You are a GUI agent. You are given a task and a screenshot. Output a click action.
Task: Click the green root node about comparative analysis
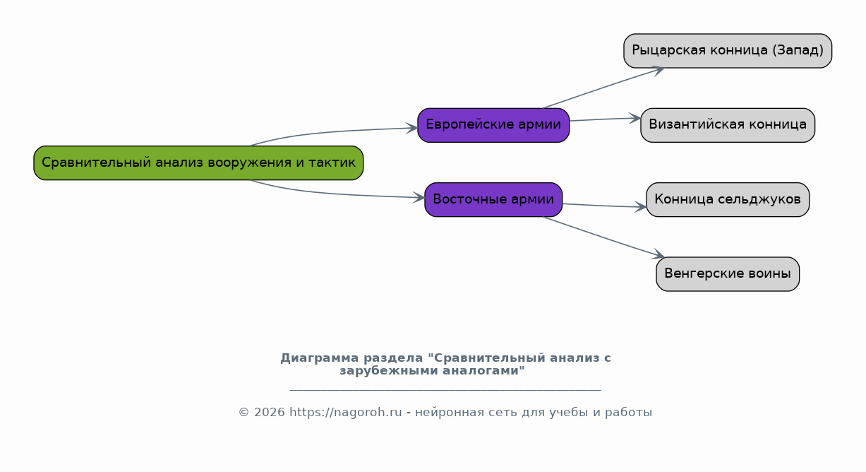[x=198, y=163]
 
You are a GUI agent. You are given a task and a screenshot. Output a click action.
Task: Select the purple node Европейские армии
[x=493, y=125]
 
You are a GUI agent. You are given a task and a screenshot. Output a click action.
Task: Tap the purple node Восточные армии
[x=493, y=200]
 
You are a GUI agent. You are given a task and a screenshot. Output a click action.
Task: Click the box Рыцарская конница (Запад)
[x=728, y=51]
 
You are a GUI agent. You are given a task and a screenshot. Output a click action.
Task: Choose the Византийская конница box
[x=728, y=125]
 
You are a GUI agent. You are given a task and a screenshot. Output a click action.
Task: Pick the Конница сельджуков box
[x=728, y=200]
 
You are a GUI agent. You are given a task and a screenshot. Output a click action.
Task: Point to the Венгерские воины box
[x=728, y=274]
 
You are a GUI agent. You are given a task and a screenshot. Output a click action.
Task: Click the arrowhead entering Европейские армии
[x=412, y=128]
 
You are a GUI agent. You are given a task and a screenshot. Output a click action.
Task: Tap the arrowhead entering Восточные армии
[x=419, y=197]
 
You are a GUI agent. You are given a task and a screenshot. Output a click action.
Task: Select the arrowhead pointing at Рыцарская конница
[x=658, y=70]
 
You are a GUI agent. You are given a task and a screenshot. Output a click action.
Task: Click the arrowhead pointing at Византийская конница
[x=635, y=118]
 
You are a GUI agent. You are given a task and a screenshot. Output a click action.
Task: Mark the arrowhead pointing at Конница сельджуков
[x=640, y=207]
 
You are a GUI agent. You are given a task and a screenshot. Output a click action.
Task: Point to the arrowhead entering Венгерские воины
[x=658, y=254]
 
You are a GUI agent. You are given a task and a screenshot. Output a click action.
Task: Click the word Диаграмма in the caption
[x=319, y=358]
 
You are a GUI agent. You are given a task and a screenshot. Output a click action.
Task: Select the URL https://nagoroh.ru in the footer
[x=346, y=412]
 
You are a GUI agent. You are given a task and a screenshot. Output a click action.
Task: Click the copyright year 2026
[x=269, y=413]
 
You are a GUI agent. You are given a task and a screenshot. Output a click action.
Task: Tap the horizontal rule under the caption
[x=445, y=390]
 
